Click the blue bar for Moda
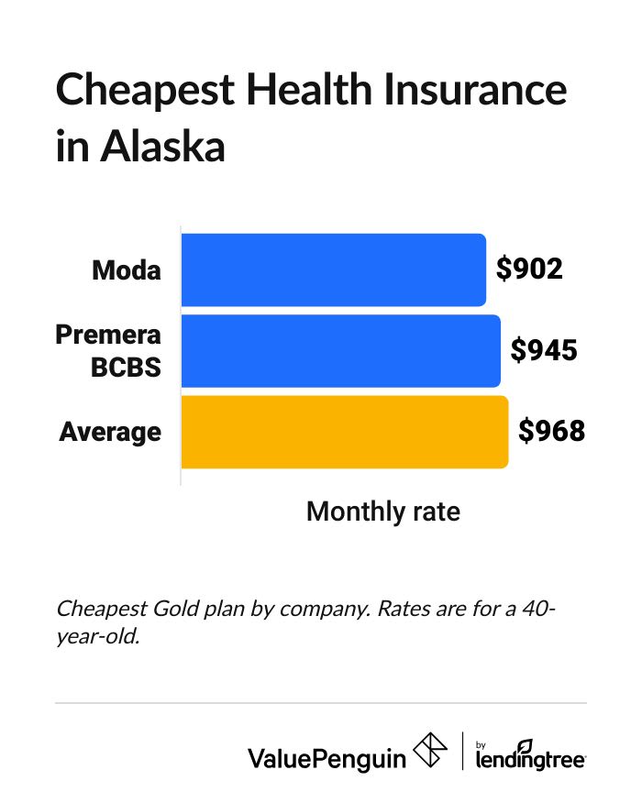333,269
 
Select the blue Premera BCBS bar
340,351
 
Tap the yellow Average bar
344,432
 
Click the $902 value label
528,269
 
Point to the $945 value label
543,350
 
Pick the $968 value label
550,431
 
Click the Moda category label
127,270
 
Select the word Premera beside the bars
109,335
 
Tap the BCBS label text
126,368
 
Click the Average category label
110,432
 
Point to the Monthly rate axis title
382,511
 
